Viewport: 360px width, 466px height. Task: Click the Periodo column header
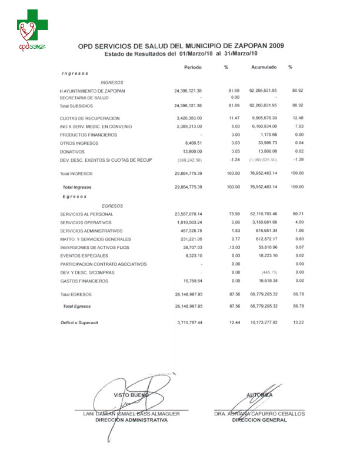pyautogui.click(x=192, y=67)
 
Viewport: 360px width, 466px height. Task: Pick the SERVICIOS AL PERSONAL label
pyautogui.click(x=87, y=215)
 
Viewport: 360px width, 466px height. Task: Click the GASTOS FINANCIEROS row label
pyautogui.click(x=85, y=281)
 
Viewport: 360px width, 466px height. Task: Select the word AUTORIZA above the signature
pyautogui.click(x=259, y=394)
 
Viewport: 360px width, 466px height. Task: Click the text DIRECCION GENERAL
pyautogui.click(x=259, y=421)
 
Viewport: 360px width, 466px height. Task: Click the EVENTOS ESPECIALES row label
pyautogui.click(x=84, y=256)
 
